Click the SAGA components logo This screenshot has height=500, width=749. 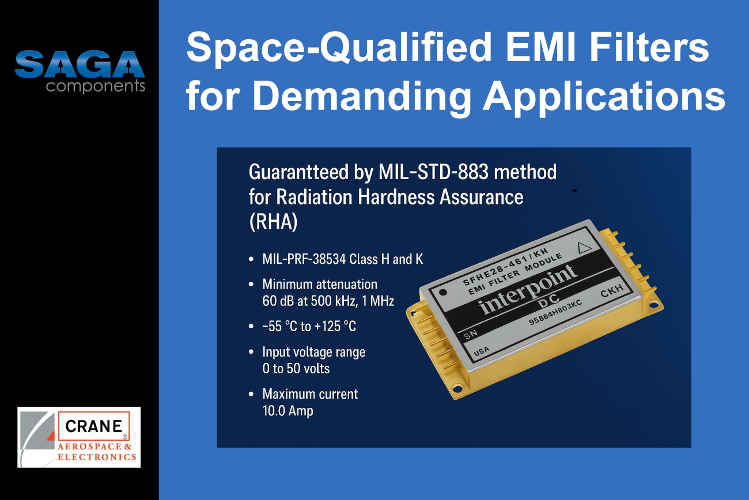coord(80,71)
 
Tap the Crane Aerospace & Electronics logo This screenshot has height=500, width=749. coord(79,437)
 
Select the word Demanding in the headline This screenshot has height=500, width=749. coord(362,96)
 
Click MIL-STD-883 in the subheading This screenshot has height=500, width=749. coord(434,172)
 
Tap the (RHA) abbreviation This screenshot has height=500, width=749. coord(273,222)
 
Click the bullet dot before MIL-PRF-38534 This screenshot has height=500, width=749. coord(251,259)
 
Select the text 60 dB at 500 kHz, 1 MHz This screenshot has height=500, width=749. coord(328,301)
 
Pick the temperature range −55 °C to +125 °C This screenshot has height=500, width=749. coord(309,326)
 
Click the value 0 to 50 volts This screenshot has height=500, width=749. coord(296,369)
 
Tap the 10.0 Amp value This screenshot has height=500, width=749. coord(288,411)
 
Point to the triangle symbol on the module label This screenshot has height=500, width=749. coord(584,248)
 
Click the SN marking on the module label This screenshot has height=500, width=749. coord(471,334)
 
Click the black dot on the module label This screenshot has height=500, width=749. coord(442,293)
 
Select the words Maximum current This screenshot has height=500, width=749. coord(310,394)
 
